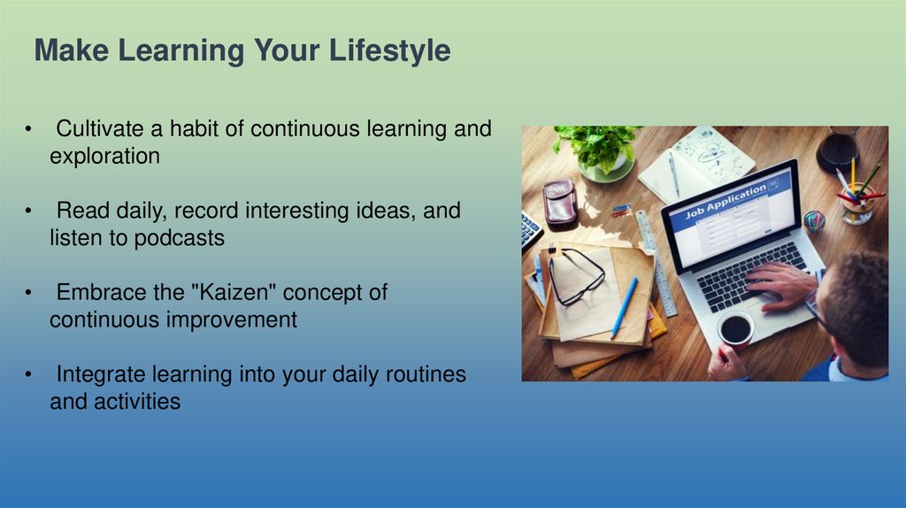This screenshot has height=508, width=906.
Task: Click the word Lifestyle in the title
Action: (389, 50)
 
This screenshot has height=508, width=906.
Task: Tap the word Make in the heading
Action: (72, 50)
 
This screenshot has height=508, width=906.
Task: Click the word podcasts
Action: (180, 238)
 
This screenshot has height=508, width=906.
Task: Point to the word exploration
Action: (104, 157)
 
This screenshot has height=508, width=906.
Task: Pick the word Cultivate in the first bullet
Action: (100, 128)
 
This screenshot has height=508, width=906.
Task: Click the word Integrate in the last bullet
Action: (101, 374)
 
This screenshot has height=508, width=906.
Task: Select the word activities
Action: (137, 402)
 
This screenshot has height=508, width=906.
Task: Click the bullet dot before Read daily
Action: (28, 211)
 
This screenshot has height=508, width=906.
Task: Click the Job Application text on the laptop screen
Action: (726, 202)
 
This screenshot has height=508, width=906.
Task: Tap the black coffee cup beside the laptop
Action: (735, 329)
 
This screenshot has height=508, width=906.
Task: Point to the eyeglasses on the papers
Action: (577, 275)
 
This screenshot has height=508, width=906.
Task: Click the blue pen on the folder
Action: (625, 307)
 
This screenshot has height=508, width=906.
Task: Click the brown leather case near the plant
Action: (560, 203)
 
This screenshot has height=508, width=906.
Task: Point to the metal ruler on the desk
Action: (656, 264)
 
